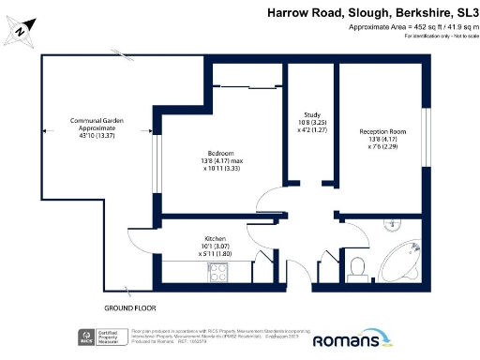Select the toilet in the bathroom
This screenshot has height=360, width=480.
click(x=356, y=269)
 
